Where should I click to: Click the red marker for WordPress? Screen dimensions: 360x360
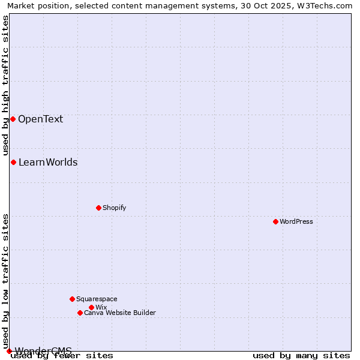click(x=275, y=221)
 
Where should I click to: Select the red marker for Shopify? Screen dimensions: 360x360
click(x=98, y=208)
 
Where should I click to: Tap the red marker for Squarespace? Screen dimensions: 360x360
click(x=72, y=299)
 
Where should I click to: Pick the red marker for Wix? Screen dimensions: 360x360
click(x=91, y=307)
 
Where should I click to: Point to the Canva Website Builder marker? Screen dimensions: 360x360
click(x=80, y=313)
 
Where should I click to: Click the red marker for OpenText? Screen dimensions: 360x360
click(x=13, y=119)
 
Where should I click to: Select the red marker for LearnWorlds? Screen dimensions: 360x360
click(x=13, y=162)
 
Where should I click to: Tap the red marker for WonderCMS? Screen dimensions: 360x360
click(x=9, y=351)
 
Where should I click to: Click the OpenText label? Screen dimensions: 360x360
click(x=40, y=119)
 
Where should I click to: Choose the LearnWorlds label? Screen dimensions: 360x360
click(x=48, y=162)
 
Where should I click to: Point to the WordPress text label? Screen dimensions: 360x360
click(x=296, y=221)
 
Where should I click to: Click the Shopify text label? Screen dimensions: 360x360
click(x=114, y=208)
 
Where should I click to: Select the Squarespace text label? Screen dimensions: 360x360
click(x=97, y=299)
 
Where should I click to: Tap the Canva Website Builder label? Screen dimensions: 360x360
click(x=120, y=313)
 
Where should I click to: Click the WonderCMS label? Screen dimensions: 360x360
click(x=43, y=350)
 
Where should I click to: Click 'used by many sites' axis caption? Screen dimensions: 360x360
click(x=301, y=356)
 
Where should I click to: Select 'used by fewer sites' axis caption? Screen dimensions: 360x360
click(x=62, y=356)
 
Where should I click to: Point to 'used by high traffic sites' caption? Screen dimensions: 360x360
click(x=5, y=85)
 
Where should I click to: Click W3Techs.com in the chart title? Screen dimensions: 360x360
click(x=329, y=5)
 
